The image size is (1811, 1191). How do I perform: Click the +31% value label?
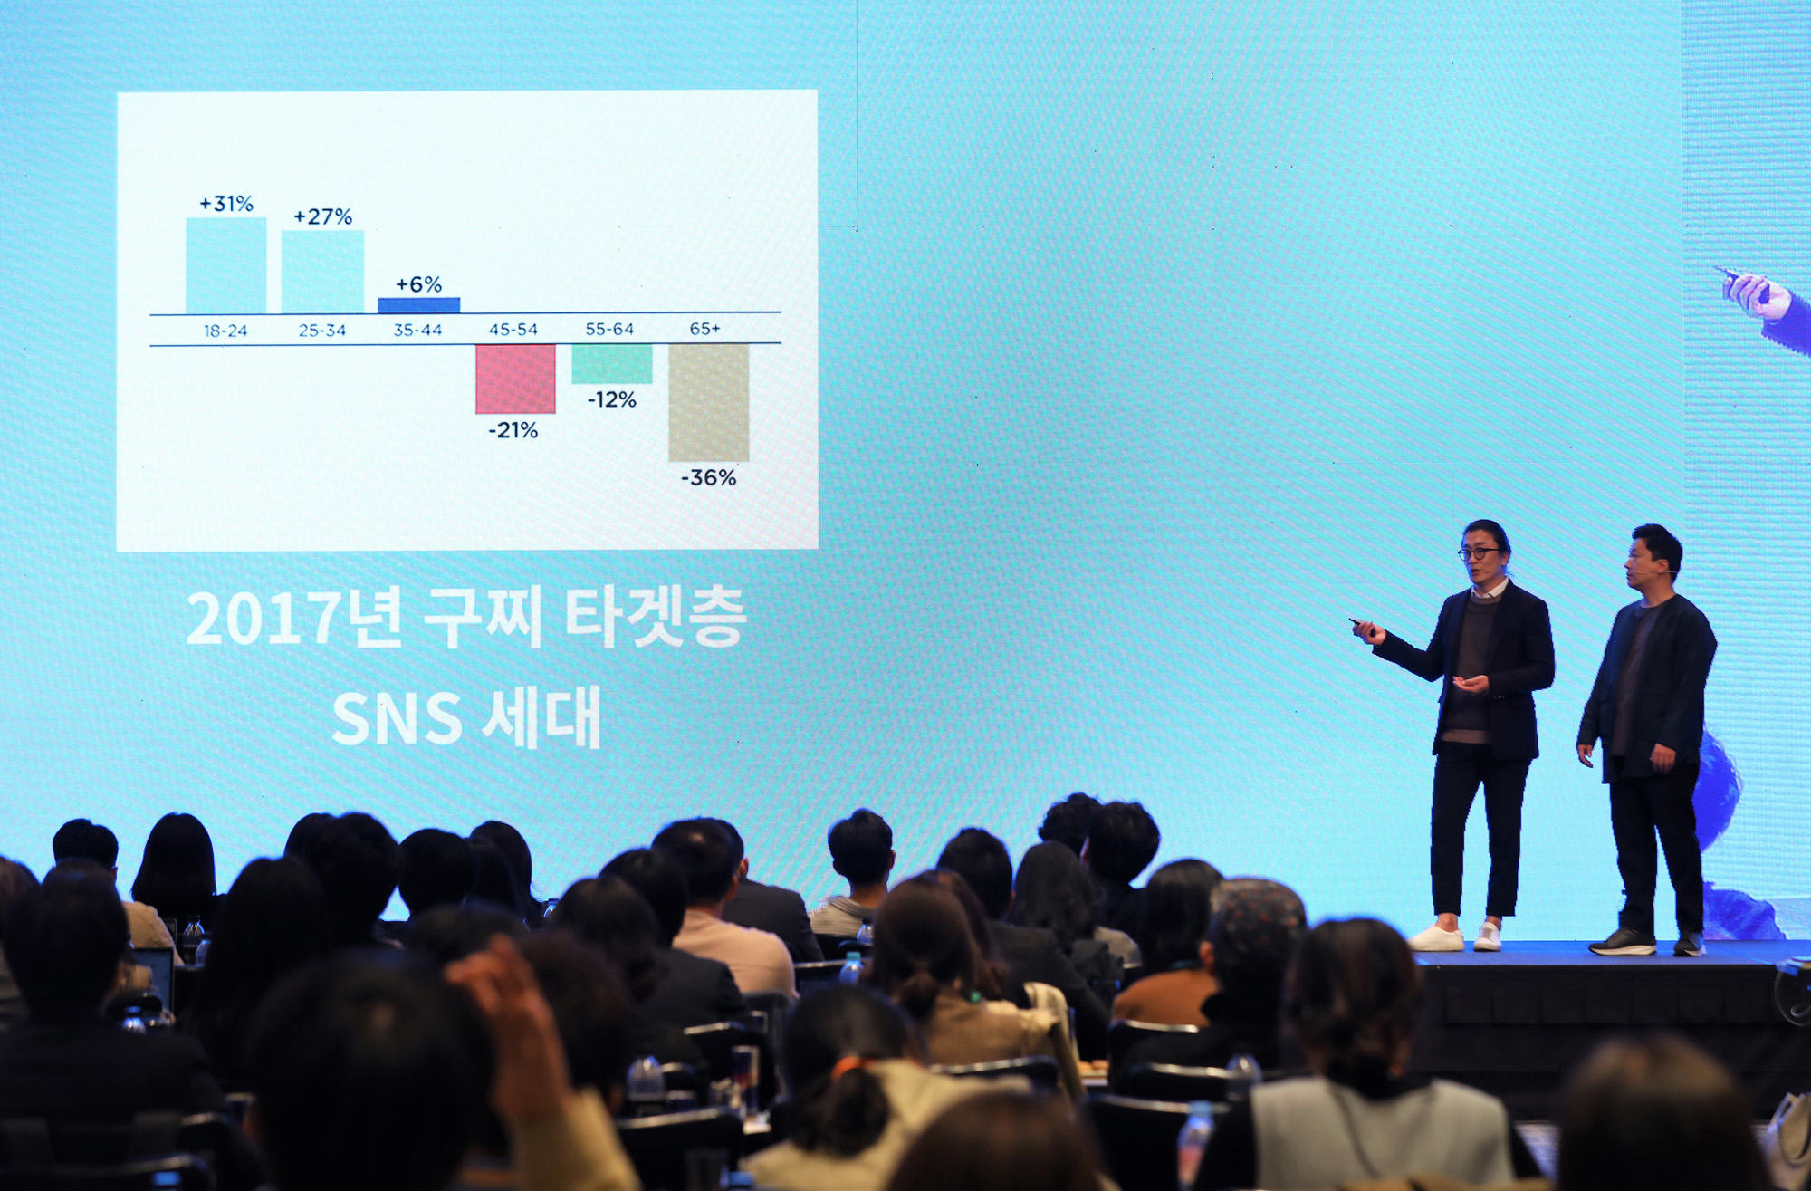(226, 204)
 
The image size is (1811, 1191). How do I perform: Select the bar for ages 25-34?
(322, 271)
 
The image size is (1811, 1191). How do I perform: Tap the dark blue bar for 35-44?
(418, 305)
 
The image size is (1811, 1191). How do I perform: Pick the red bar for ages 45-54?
(515, 379)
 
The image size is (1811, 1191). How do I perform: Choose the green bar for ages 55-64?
(611, 363)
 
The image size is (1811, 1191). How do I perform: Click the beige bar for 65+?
(708, 402)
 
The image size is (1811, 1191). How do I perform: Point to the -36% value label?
(709, 477)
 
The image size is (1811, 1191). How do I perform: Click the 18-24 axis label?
(225, 331)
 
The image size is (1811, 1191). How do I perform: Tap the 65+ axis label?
(704, 328)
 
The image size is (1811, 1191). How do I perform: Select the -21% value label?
(513, 430)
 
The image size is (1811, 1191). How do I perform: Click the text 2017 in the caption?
(244, 620)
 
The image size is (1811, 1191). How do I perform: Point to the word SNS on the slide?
(397, 720)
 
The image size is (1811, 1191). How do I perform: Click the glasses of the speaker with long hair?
(1478, 552)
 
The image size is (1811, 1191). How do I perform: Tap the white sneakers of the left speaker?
(1458, 937)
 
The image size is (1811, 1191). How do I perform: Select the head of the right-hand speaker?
(1653, 554)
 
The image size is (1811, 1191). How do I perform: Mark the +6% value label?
(418, 284)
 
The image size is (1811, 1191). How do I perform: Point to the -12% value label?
(612, 399)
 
